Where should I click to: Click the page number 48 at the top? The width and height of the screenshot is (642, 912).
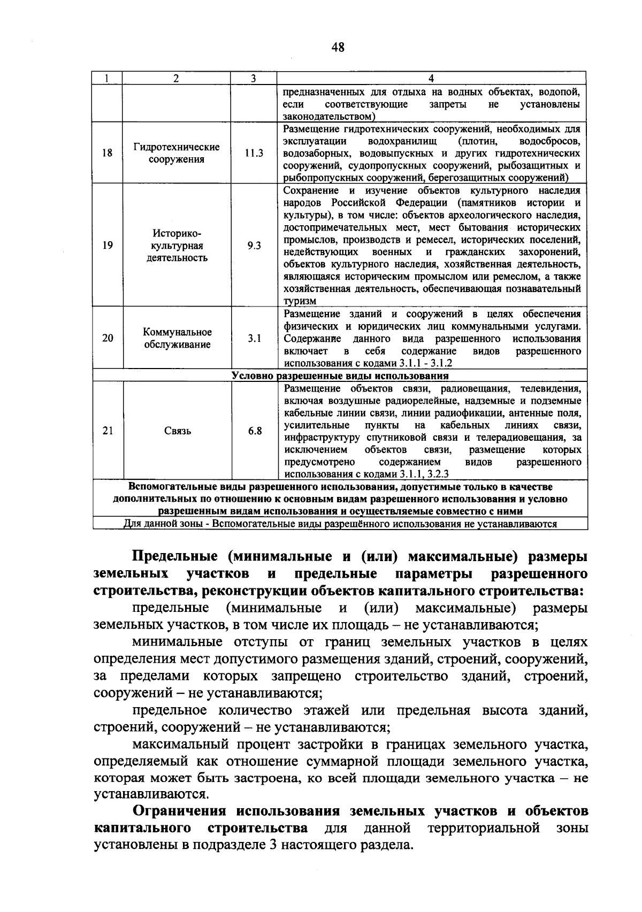(x=338, y=48)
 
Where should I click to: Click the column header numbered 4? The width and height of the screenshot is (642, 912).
(x=431, y=78)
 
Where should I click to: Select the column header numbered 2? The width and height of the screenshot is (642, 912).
(x=176, y=78)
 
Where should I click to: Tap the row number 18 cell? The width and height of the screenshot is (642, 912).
(x=108, y=153)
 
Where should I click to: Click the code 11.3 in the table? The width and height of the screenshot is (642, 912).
(x=254, y=153)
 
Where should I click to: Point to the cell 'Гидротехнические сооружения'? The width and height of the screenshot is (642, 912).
(x=176, y=153)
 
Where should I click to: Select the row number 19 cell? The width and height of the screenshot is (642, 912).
(x=108, y=246)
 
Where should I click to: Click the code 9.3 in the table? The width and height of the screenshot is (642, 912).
(x=254, y=246)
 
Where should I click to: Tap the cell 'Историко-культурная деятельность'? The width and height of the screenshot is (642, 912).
(x=176, y=246)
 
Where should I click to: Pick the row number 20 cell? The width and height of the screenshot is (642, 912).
(x=108, y=338)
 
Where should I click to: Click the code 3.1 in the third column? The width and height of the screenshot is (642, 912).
(x=254, y=338)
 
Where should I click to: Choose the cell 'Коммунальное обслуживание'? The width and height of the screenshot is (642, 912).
(x=177, y=338)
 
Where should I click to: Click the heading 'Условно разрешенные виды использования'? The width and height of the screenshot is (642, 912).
(x=340, y=375)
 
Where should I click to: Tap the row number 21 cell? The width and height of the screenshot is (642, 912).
(x=108, y=431)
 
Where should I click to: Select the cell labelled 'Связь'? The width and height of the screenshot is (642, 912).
(x=177, y=431)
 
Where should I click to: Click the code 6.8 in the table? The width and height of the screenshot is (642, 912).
(x=255, y=431)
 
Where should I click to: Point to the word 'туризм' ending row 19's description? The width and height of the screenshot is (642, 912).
(x=300, y=302)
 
